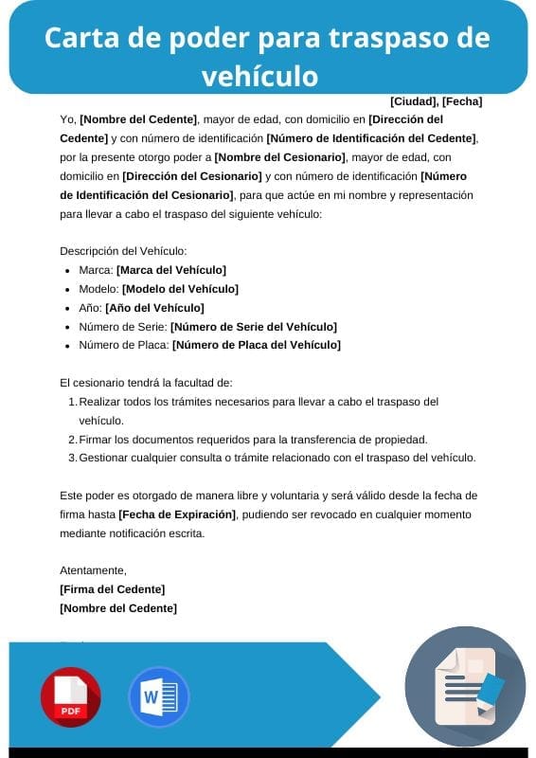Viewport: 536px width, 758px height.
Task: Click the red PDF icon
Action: click(70, 697)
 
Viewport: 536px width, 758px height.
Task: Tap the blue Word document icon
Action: click(158, 697)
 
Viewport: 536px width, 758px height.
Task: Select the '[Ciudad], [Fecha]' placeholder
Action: click(436, 101)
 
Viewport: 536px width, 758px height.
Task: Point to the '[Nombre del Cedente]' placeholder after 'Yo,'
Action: click(139, 119)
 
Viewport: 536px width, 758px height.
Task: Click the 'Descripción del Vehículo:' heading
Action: click(123, 251)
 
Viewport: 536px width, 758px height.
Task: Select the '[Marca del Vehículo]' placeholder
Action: click(171, 270)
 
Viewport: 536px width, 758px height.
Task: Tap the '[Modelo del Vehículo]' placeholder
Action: click(181, 289)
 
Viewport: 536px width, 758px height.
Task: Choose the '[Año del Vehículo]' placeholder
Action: click(154, 308)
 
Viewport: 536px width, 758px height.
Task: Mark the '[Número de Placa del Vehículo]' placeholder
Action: click(256, 346)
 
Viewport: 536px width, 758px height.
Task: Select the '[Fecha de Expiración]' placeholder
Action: click(177, 514)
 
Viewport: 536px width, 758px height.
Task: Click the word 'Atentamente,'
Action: click(93, 570)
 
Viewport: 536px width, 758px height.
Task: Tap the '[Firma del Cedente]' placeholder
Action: click(112, 589)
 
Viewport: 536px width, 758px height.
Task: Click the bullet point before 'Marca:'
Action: click(67, 271)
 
